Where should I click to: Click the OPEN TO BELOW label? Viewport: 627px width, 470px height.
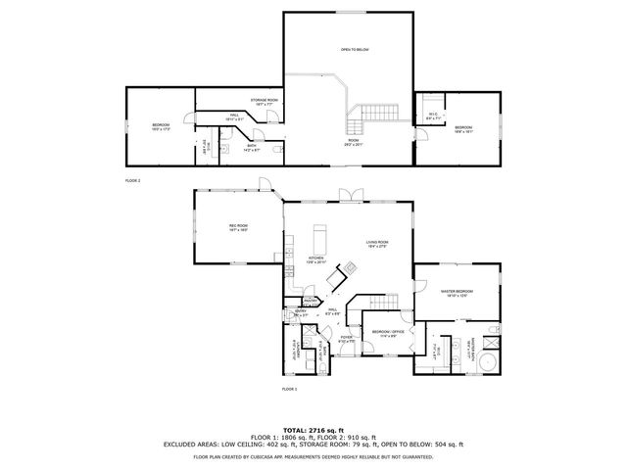click(x=355, y=49)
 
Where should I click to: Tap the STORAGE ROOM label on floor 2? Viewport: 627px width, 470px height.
click(x=265, y=101)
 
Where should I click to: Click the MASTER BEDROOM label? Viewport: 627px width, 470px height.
click(x=458, y=292)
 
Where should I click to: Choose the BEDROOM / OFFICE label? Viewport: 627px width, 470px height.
click(x=388, y=333)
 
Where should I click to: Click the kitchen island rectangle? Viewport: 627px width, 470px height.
click(x=317, y=238)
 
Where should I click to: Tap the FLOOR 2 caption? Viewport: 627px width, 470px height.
click(x=132, y=181)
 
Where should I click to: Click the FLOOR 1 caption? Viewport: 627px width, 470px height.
click(x=289, y=389)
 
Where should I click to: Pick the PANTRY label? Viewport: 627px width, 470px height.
click(x=309, y=301)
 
